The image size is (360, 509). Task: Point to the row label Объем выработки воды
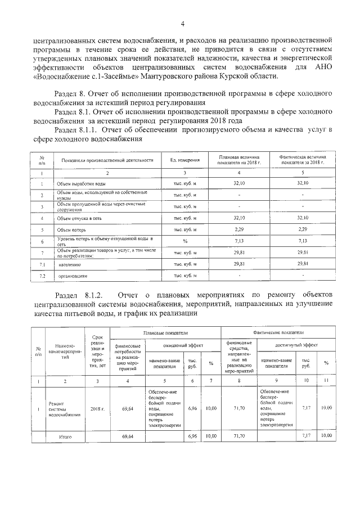[x=81, y=183]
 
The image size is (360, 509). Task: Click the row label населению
[x=70, y=264]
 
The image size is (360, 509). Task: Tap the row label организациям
[x=73, y=276]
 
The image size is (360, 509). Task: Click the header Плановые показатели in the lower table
[x=165, y=334]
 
